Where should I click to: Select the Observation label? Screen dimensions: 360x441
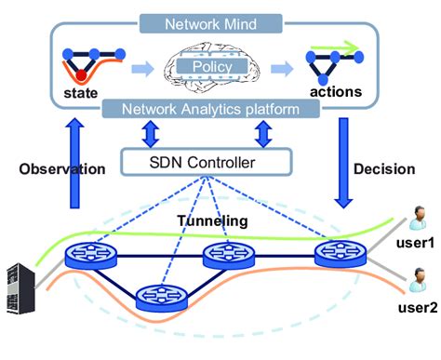(61, 170)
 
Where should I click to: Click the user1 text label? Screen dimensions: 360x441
(419, 244)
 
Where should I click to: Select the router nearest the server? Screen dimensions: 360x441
(87, 255)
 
